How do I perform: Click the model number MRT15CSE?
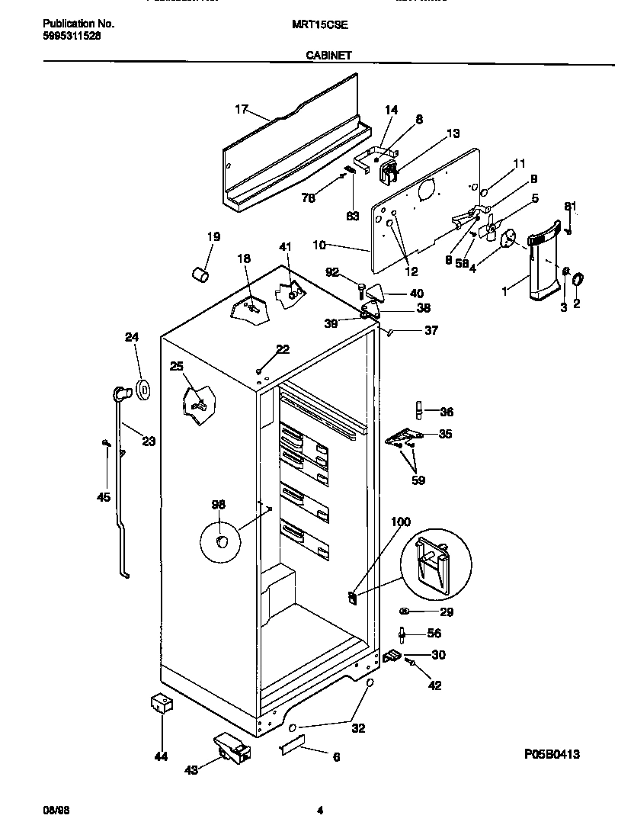tap(319, 24)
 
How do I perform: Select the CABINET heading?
tap(328, 55)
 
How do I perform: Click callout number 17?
tap(241, 110)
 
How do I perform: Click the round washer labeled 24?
tap(142, 390)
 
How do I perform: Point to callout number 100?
tap(400, 522)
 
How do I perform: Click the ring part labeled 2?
tap(578, 281)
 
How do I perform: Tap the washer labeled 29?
tap(405, 611)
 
